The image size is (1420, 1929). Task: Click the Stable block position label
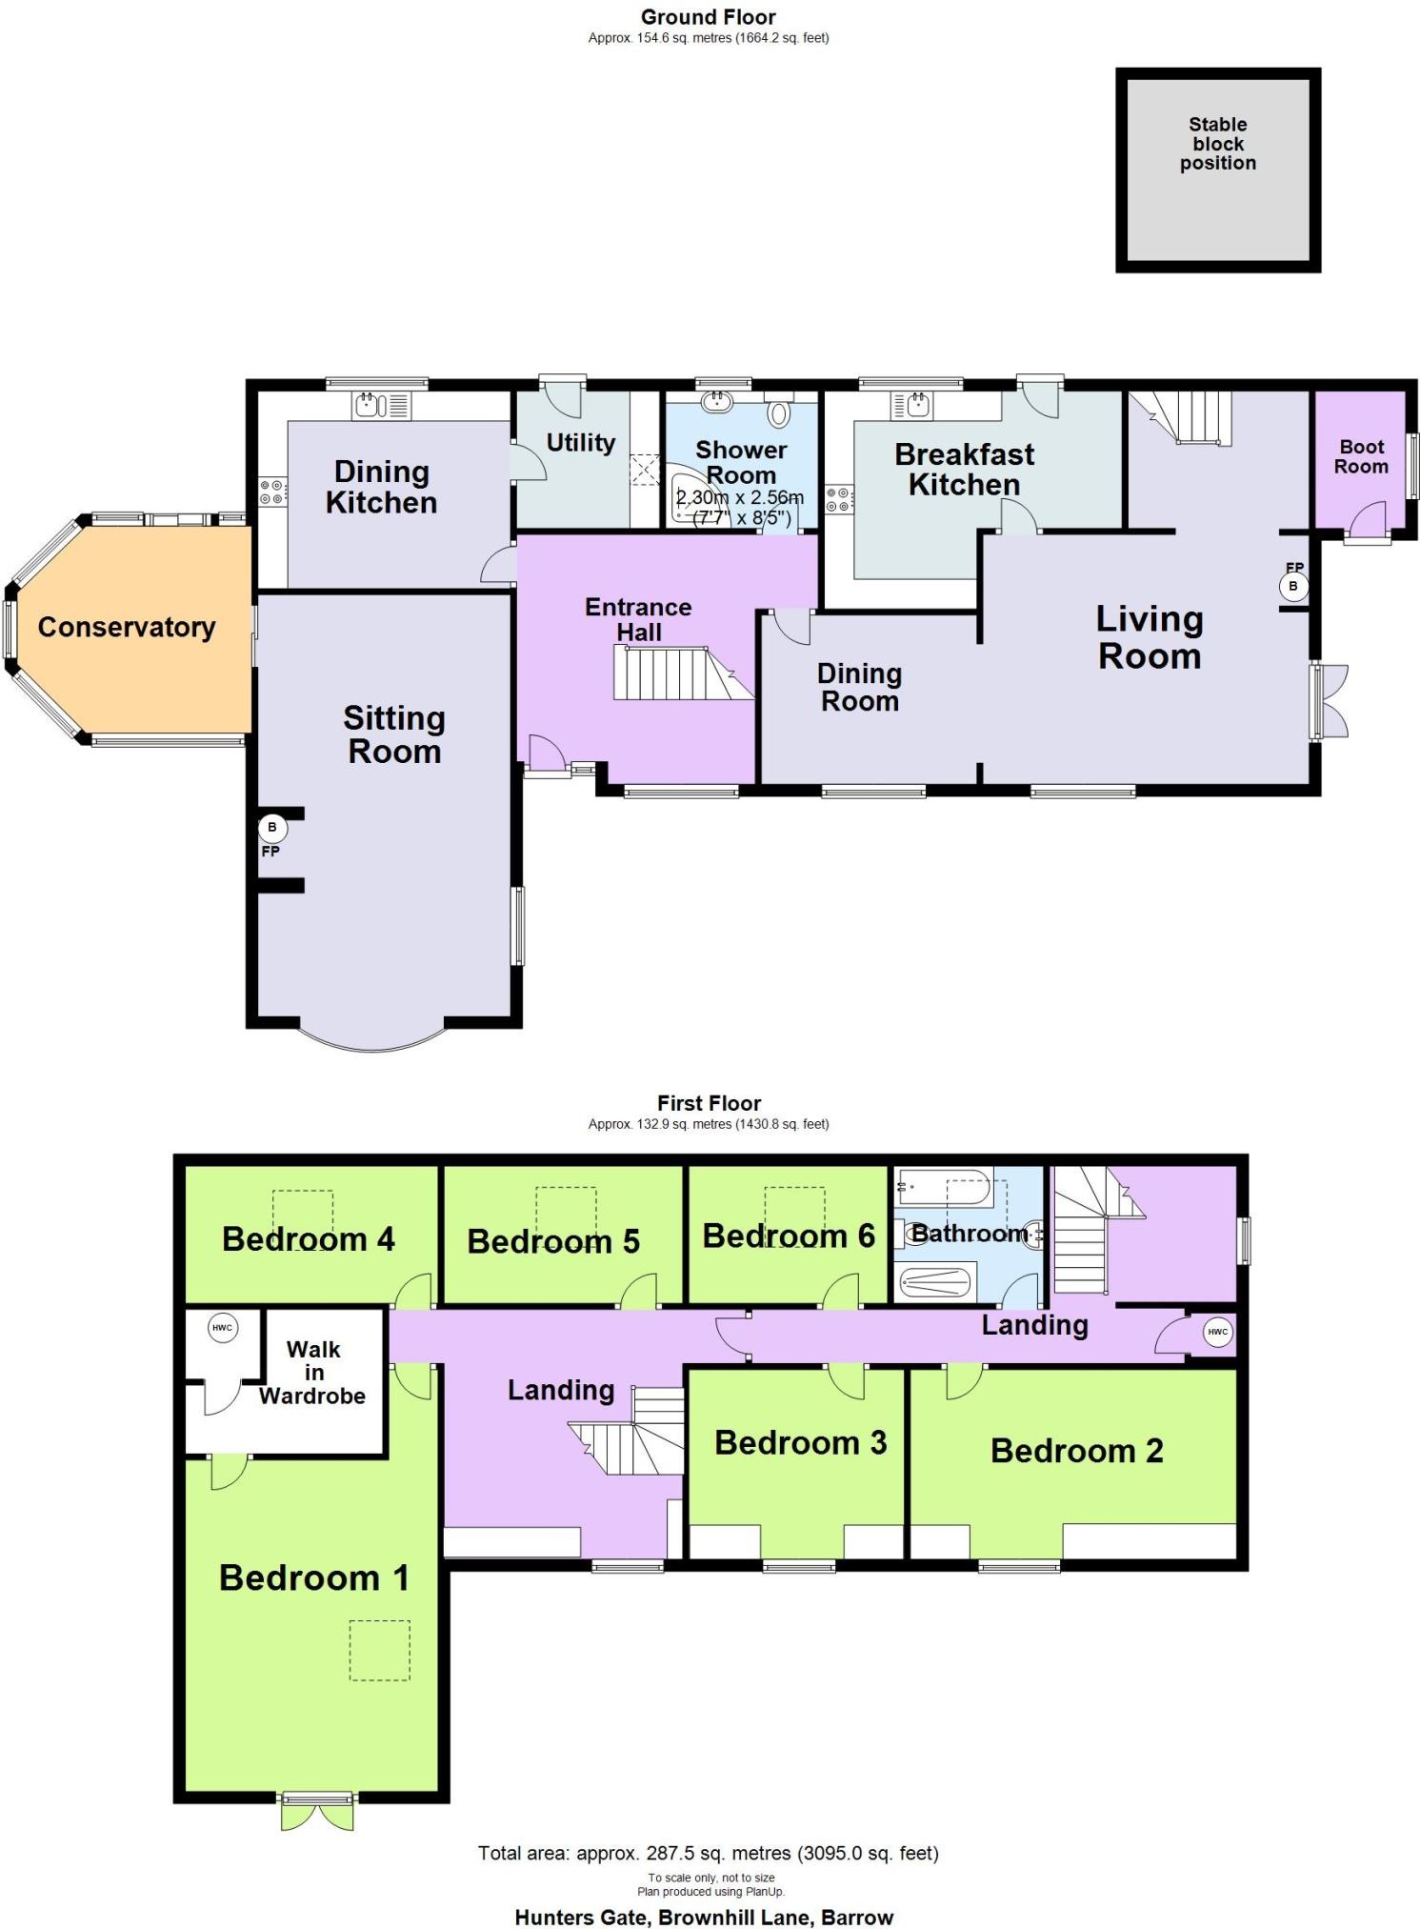pos(1217,144)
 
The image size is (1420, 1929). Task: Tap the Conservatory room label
pos(127,627)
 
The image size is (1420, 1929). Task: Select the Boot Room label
pos(1361,456)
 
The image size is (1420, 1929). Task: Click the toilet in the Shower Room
pos(779,411)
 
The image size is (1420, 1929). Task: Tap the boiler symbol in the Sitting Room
pos(272,828)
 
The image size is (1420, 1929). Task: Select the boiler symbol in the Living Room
pos(1292,586)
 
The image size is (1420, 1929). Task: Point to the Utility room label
pos(581,443)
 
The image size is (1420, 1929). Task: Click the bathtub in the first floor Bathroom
pos(943,1187)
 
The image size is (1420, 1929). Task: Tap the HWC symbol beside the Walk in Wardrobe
pos(222,1328)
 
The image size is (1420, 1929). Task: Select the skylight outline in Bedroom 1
pos(380,1651)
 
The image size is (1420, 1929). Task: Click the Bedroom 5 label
pos(553,1241)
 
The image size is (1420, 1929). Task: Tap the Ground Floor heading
pos(708,17)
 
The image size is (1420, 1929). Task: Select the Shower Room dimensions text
pos(739,508)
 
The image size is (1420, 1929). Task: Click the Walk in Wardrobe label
pos(312,1373)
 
